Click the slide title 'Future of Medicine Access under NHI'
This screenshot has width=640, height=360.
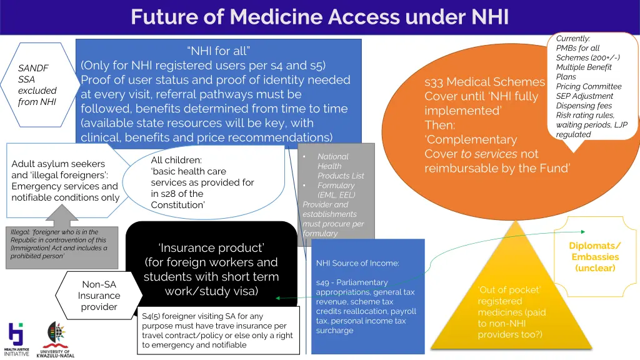pyautogui.click(x=319, y=16)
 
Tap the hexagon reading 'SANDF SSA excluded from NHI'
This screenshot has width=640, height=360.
pyautogui.click(x=37, y=84)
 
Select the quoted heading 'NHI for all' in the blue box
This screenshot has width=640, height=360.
pyautogui.click(x=218, y=51)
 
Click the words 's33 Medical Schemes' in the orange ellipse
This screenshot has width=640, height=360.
pyautogui.click(x=484, y=82)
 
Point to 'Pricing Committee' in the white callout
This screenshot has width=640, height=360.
pyautogui.click(x=589, y=86)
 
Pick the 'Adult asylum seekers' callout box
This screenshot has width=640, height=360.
pyautogui.click(x=65, y=180)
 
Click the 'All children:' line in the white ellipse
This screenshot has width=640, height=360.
pyautogui.click(x=176, y=160)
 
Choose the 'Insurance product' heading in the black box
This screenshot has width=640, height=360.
pyautogui.click(x=211, y=247)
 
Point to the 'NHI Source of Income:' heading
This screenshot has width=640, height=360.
pyautogui.click(x=357, y=263)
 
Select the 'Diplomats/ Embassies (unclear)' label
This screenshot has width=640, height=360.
pyautogui.click(x=595, y=256)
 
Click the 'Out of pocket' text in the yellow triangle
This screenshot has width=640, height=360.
pyautogui.click(x=509, y=289)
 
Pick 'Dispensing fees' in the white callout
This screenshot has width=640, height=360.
pyautogui.click(x=584, y=106)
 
